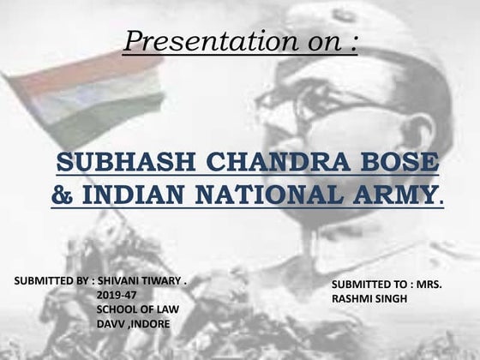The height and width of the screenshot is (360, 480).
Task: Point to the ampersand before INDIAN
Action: [62, 194]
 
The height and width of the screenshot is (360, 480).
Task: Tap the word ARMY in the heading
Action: [393, 194]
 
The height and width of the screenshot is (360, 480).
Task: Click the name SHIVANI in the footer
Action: [120, 280]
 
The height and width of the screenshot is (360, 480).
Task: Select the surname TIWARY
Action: [165, 280]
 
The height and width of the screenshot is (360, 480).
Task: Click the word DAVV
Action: [111, 324]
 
